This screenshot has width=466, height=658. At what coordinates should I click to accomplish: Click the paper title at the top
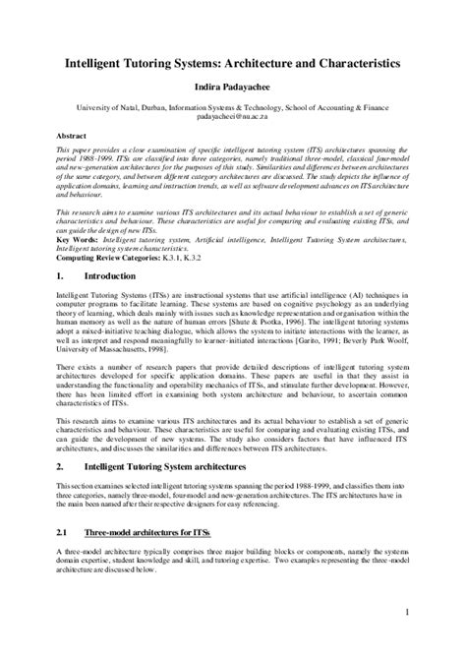coord(232,61)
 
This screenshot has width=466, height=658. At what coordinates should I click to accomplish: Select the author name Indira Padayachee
coord(232,88)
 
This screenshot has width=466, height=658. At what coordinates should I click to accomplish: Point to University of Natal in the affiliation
coord(88,105)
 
